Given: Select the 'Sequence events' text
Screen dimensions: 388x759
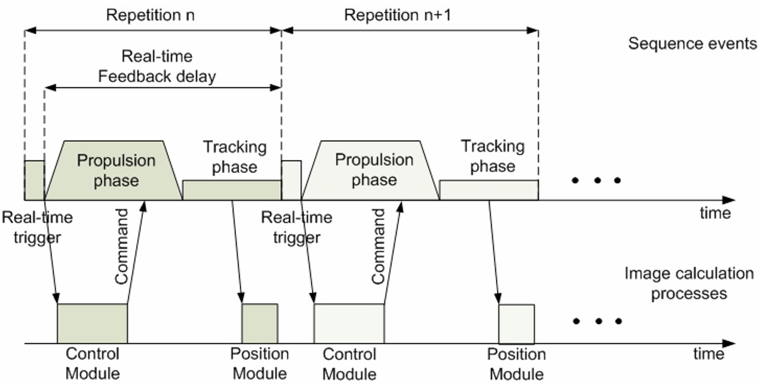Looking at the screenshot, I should [x=692, y=43].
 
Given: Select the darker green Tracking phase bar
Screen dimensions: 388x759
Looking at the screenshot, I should [x=232, y=190].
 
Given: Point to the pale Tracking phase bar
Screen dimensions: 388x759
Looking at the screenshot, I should [x=488, y=190].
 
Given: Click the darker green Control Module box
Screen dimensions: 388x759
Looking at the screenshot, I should [x=93, y=323].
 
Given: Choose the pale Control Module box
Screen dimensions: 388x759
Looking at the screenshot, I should [x=349, y=323].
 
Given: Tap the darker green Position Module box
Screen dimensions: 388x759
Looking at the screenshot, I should [x=260, y=323].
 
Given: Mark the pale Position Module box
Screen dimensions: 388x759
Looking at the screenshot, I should [x=516, y=323].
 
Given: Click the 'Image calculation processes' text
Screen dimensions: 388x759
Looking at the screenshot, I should [x=689, y=284].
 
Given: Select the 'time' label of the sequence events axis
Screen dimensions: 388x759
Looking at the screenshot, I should [x=716, y=213].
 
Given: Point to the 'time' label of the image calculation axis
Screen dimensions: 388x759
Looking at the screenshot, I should [x=709, y=354].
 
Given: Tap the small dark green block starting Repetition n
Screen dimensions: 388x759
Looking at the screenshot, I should [x=35, y=180].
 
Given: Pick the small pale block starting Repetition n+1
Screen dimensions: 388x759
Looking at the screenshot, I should [x=291, y=180].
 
